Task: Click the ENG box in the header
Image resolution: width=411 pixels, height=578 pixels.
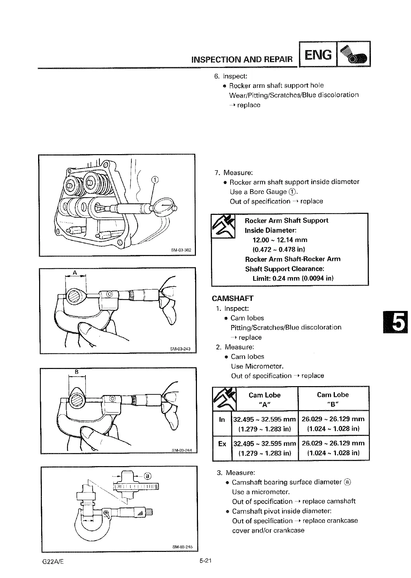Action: [x=318, y=54]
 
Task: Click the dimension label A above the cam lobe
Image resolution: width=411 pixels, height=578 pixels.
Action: [x=75, y=273]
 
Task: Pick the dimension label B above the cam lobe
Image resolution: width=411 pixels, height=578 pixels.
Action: [x=77, y=372]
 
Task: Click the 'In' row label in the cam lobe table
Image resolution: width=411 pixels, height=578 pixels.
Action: [x=222, y=419]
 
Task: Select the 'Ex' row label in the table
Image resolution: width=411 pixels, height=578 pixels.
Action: [x=222, y=444]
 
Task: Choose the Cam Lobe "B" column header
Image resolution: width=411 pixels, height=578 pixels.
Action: [x=333, y=399]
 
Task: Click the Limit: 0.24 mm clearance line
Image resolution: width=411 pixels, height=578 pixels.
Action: [x=293, y=278]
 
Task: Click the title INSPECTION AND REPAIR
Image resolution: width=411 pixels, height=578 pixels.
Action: [x=243, y=59]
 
